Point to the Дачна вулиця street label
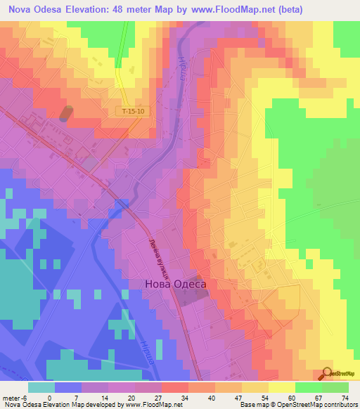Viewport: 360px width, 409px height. point(162,257)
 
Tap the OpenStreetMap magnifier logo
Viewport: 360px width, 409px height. point(328,373)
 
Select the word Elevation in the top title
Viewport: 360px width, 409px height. point(88,9)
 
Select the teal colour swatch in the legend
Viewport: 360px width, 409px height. point(41,387)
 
